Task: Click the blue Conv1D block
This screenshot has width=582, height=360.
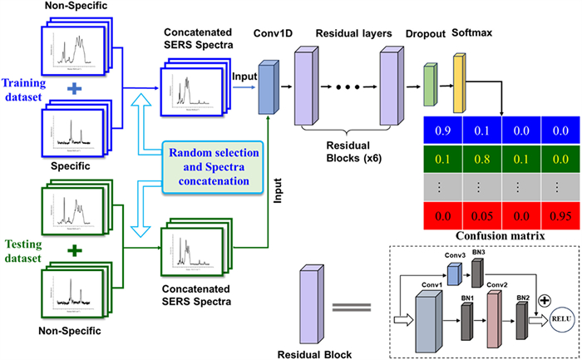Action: [269, 86]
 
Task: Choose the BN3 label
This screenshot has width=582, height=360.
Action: [479, 255]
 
